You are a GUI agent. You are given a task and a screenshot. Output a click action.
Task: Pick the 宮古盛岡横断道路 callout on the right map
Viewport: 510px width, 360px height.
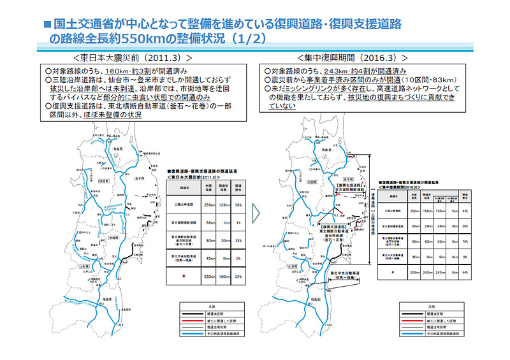pos(348,188)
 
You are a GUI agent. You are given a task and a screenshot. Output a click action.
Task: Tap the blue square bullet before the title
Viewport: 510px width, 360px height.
pos(47,24)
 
